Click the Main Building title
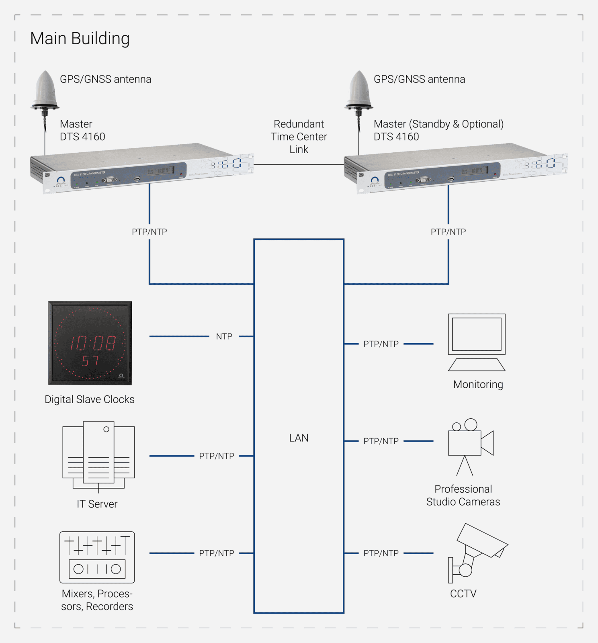tap(80, 39)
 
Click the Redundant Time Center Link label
tap(299, 137)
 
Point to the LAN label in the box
tap(299, 438)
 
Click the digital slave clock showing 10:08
tap(90, 343)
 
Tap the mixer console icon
tap(97, 557)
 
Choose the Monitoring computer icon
tap(477, 342)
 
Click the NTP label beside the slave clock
tap(224, 336)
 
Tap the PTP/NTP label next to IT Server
tap(217, 456)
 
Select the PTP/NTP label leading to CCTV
tap(381, 553)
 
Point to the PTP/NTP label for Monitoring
tap(381, 344)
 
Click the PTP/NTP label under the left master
tap(149, 232)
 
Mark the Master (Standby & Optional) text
tap(438, 124)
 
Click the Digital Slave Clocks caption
tap(90, 399)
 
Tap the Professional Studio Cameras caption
tap(463, 496)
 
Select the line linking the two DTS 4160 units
tap(299, 164)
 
